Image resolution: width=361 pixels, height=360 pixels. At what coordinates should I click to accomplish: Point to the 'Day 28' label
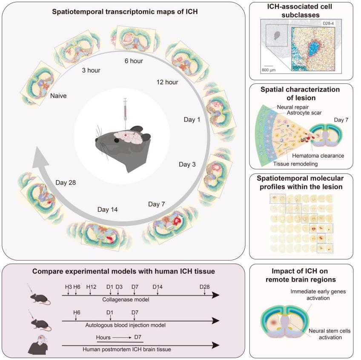(x=66, y=182)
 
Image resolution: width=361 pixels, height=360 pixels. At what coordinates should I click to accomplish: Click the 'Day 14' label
(x=107, y=209)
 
